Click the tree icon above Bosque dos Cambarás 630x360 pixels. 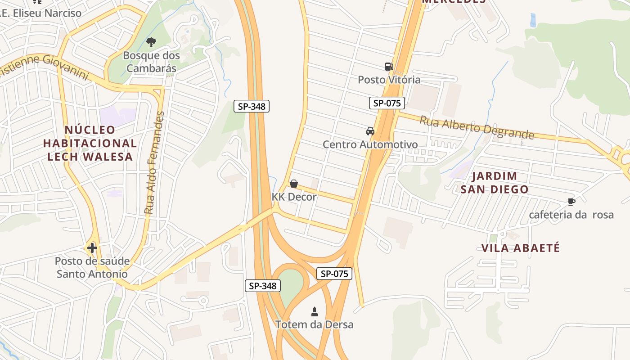(151, 42)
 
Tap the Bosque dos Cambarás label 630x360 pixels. (151, 62)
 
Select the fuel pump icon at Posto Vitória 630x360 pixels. (389, 67)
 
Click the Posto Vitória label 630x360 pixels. (389, 80)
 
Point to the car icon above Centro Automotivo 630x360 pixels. (370, 131)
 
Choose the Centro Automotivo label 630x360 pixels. (370, 144)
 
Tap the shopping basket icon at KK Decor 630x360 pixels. (294, 184)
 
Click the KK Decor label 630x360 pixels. (294, 197)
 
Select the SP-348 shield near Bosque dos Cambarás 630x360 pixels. (252, 106)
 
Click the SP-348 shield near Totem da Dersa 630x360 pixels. (263, 285)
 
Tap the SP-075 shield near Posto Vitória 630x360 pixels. (387, 103)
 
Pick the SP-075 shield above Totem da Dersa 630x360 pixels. (334, 274)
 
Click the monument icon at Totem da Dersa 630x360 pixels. (315, 311)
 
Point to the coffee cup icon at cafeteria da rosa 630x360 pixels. (571, 202)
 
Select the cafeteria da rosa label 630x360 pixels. (571, 215)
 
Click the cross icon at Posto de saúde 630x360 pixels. (92, 247)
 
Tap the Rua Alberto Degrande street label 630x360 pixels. (477, 127)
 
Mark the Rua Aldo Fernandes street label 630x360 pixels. (154, 162)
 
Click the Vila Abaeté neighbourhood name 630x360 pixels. (521, 248)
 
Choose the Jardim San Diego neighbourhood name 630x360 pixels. (494, 182)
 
